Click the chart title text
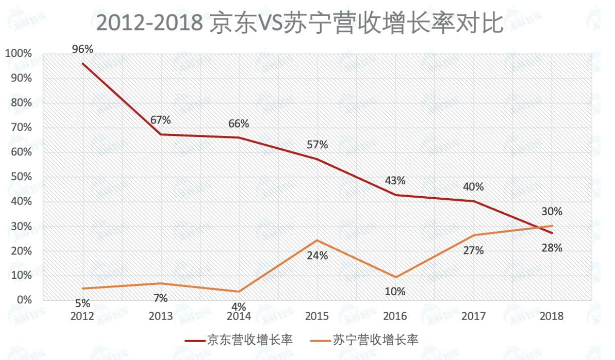point(300,23)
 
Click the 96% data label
point(83,49)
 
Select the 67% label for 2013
point(161,120)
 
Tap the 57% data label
point(317,145)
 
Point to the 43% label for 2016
point(395,181)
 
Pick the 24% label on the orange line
point(317,256)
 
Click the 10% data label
point(395,292)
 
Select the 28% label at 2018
point(552,247)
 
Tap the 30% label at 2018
point(552,212)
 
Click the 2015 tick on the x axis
point(317,316)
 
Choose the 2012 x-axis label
point(83,316)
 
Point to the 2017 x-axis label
point(473,316)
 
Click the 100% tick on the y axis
point(18,54)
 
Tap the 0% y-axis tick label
point(23,300)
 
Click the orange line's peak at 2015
point(317,240)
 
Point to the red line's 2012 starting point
point(83,64)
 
